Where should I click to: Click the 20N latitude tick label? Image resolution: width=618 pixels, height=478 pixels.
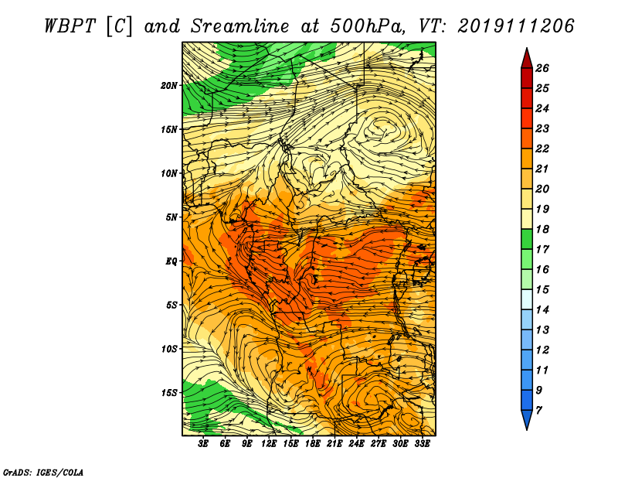(x=169, y=86)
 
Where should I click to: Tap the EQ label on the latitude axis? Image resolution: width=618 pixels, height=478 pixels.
(x=171, y=261)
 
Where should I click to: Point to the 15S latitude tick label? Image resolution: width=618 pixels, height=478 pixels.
(x=169, y=393)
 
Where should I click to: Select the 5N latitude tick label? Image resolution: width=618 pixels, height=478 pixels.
(x=171, y=217)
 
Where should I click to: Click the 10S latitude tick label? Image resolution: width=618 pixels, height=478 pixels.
(x=169, y=349)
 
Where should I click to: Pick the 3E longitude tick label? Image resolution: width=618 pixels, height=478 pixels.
(x=203, y=444)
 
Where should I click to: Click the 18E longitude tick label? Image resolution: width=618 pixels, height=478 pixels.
(x=313, y=444)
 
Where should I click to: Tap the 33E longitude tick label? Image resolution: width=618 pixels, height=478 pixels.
(x=422, y=444)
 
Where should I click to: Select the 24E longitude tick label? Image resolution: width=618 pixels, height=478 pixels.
(x=356, y=444)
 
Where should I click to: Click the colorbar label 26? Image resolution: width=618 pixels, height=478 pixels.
(x=542, y=68)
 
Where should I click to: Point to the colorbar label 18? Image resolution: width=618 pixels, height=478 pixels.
(x=542, y=229)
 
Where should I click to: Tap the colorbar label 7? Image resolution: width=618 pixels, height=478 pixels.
(x=538, y=411)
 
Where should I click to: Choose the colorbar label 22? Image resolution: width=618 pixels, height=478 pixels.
(x=542, y=149)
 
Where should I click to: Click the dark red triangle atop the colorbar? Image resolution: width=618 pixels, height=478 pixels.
(x=527, y=59)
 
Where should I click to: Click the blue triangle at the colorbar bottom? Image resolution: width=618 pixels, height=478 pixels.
(x=527, y=420)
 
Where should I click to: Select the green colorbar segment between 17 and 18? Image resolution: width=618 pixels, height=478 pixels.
(x=527, y=239)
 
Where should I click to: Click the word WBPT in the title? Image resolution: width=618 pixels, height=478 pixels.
(x=70, y=26)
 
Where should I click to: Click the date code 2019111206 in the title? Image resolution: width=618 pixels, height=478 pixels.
(x=516, y=26)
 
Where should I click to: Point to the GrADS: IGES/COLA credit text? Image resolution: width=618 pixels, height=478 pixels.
(x=43, y=473)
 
